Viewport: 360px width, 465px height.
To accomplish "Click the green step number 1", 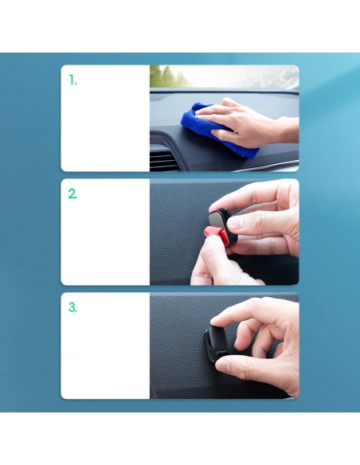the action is click(72, 80).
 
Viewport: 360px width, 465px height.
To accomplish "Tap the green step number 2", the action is click(72, 193).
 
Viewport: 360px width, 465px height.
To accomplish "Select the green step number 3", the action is click(72, 307).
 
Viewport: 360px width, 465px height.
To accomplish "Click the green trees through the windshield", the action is click(167, 76).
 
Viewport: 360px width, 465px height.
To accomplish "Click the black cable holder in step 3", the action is click(217, 344).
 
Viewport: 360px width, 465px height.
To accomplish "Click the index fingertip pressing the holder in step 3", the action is click(218, 322).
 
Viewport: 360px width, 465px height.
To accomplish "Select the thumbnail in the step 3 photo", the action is click(223, 366).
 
